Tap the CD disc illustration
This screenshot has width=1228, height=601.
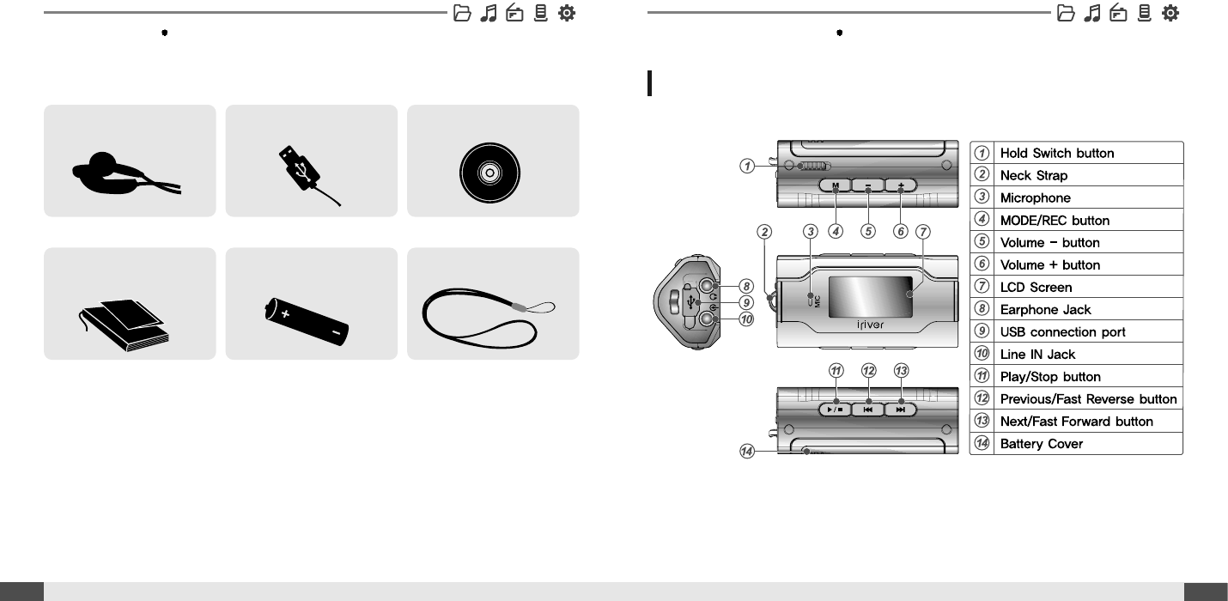[x=489, y=173]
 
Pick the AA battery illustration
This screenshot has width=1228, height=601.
[x=307, y=322]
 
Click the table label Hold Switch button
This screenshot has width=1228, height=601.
[x=1056, y=154]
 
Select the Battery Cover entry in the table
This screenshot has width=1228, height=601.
[x=1041, y=444]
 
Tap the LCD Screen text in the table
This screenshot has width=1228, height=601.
[x=1036, y=288]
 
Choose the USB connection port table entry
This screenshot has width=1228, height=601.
[x=1062, y=332]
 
